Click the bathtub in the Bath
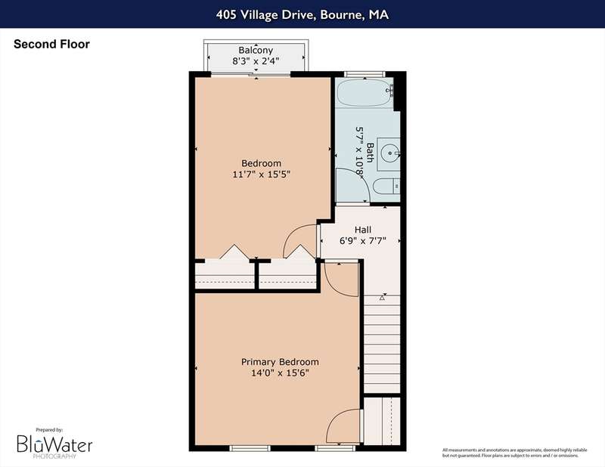click(x=364, y=93)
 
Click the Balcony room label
click(x=256, y=50)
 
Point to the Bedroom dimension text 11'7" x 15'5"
click(x=261, y=175)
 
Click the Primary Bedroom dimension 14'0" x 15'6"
click(x=280, y=373)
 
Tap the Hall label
click(x=363, y=230)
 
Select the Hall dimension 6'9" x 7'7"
click(x=363, y=241)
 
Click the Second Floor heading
click(x=51, y=44)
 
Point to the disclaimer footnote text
click(x=515, y=453)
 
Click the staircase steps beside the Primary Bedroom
click(x=382, y=344)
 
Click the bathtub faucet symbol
click(x=390, y=90)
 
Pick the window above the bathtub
click(x=365, y=74)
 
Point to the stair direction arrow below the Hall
click(x=382, y=297)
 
